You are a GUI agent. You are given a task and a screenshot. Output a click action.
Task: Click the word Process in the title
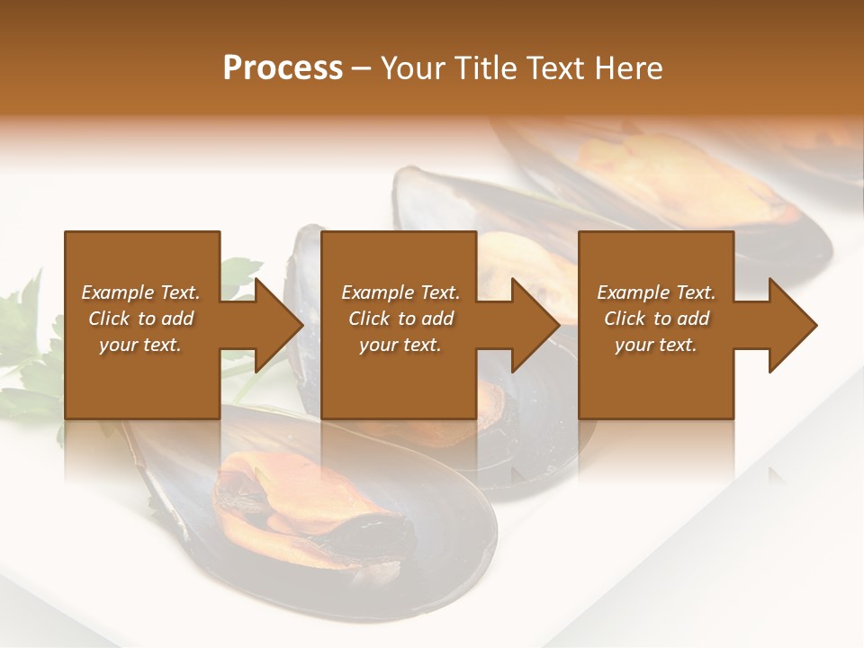pos(283,68)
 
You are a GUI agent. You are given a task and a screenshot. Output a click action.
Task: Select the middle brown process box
pos(399,378)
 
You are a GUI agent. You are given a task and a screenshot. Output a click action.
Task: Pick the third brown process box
pos(655,378)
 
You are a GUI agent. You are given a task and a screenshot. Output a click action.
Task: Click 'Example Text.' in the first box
pos(140,292)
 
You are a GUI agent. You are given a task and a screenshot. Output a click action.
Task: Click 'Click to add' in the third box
pos(656,319)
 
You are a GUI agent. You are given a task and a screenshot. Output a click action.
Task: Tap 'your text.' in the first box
pos(140,346)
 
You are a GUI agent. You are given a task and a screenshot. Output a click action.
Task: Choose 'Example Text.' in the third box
pos(656,292)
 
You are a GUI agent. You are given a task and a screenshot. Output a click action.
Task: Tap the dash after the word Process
pos(361,69)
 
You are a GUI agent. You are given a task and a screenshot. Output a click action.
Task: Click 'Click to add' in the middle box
pos(400,319)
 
